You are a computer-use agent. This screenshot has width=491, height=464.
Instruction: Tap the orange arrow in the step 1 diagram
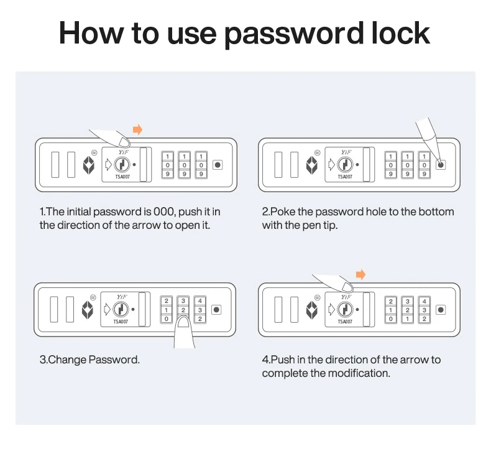(138, 129)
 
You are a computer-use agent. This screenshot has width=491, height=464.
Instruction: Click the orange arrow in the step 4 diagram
(360, 274)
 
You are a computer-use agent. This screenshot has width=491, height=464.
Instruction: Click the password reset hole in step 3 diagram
(216, 309)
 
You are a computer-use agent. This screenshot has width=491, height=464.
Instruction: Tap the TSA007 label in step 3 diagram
(121, 322)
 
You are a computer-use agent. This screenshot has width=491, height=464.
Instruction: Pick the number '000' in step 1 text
(160, 212)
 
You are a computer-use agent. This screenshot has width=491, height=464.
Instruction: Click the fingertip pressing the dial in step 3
(183, 323)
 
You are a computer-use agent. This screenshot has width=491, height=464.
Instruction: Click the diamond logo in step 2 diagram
(312, 165)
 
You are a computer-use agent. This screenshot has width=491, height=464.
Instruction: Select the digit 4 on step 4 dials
(423, 301)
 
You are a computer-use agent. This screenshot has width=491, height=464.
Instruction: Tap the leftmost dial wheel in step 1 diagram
(167, 165)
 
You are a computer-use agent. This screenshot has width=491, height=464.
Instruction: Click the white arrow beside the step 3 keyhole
(106, 309)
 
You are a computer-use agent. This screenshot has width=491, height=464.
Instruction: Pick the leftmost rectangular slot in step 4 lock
(278, 309)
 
